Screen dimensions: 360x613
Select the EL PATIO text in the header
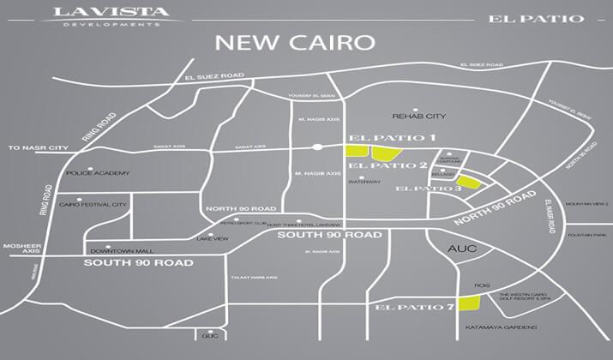[538, 18]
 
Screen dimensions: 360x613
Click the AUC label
[462, 249]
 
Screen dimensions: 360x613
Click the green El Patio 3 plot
[474, 182]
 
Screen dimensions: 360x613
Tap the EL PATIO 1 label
[394, 138]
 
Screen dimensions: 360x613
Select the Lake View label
[213, 237]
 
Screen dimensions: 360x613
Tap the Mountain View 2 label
[586, 204]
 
